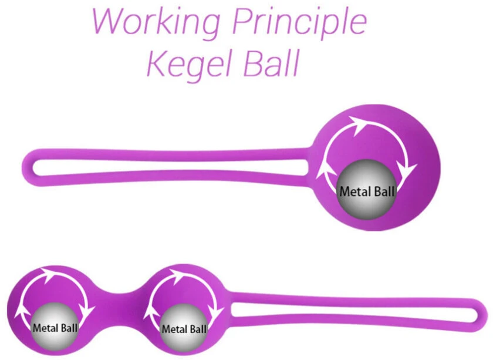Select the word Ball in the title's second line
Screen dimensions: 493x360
point(271,62)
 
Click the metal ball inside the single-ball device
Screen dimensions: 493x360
point(366,190)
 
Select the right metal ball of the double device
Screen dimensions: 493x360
point(184,328)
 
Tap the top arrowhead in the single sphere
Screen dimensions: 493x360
point(359,125)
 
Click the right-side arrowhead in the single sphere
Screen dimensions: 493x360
point(406,170)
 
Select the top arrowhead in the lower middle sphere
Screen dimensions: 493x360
point(177,275)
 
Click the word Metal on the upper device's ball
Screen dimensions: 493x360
point(353,191)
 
